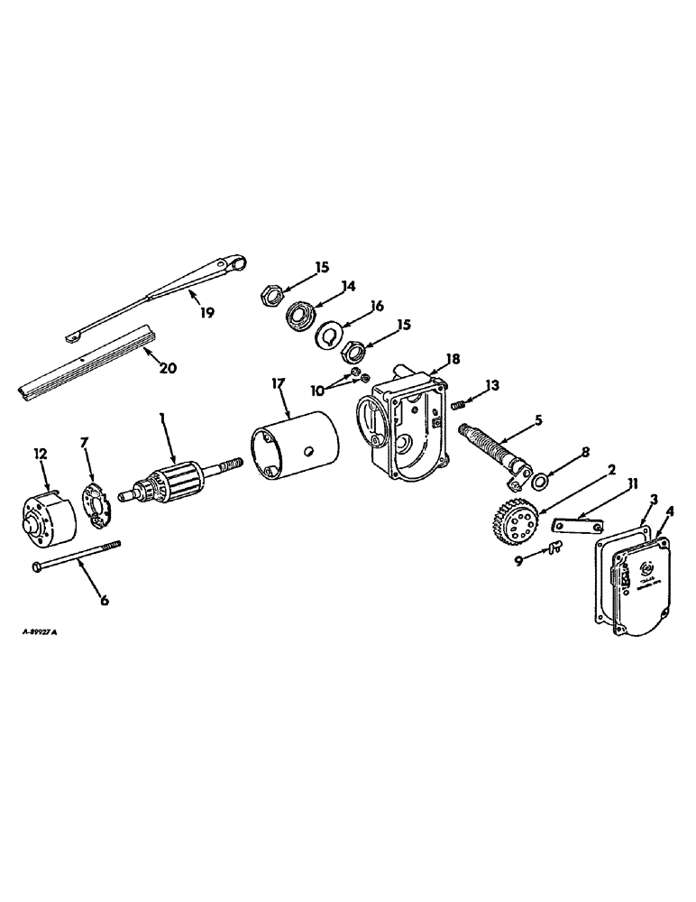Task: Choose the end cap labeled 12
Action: (x=44, y=519)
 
